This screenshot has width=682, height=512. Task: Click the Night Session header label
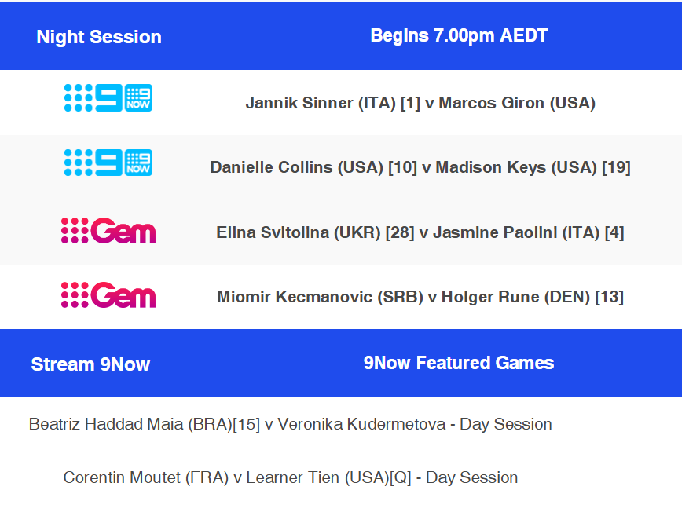[99, 37]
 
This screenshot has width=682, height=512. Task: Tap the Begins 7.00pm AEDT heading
[459, 35]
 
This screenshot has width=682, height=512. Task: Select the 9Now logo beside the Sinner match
[108, 98]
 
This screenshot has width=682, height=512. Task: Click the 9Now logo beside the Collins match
[108, 163]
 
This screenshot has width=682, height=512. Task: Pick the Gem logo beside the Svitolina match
[108, 230]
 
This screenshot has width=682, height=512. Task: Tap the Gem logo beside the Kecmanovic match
[108, 295]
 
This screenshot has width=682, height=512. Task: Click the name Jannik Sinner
[299, 103]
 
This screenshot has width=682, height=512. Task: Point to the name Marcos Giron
[492, 103]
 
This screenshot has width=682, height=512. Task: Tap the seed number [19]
[616, 167]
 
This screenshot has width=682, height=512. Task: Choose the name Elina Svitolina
[273, 232]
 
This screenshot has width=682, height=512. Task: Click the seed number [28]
[400, 232]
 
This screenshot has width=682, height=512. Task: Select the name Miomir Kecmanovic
[295, 297]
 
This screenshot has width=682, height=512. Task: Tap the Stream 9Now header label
[90, 364]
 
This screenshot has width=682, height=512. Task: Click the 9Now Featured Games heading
[459, 363]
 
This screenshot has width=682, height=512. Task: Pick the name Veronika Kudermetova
[362, 424]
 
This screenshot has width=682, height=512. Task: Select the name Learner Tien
[293, 477]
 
